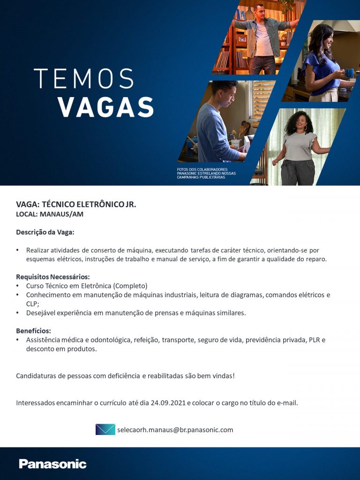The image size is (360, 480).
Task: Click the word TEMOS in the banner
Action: pyautogui.click(x=83, y=79)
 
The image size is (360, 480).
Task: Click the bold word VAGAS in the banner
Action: pyautogui.click(x=106, y=107)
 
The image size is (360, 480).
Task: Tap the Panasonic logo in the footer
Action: pyautogui.click(x=52, y=464)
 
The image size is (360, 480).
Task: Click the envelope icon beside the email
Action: pyautogui.click(x=105, y=429)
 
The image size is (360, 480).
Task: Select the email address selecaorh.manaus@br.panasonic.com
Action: pyautogui.click(x=175, y=430)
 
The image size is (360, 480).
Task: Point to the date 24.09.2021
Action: pyautogui.click(x=168, y=403)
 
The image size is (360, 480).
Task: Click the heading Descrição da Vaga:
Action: pyautogui.click(x=45, y=232)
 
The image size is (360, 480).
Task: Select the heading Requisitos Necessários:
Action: pyautogui.click(x=52, y=277)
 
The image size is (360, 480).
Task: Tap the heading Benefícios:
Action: pyautogui.click(x=33, y=330)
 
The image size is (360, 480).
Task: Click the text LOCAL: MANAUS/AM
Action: pyautogui.click(x=50, y=214)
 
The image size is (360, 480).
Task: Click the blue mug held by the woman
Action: pyautogui.click(x=349, y=73)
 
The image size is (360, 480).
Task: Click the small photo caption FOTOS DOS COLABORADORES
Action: pyautogui.click(x=202, y=169)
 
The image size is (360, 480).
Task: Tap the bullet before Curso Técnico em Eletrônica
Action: pyautogui.click(x=18, y=286)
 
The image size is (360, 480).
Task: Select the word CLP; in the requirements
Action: pyautogui.click(x=32, y=304)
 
